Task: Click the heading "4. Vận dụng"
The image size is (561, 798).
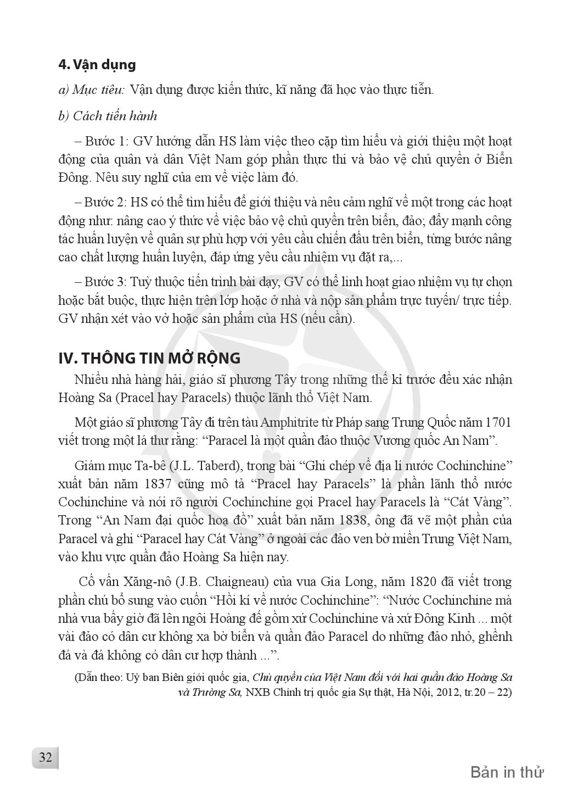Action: click(97, 65)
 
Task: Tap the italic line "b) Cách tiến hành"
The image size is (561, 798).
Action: click(108, 116)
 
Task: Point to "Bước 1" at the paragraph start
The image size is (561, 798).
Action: click(105, 141)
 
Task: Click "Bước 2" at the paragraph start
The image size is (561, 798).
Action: click(105, 202)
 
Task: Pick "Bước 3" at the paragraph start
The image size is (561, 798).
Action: click(105, 282)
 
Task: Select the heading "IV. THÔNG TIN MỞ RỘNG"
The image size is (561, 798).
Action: click(149, 358)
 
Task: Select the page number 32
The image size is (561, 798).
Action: click(44, 757)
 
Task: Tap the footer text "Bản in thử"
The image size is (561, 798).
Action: click(507, 772)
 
